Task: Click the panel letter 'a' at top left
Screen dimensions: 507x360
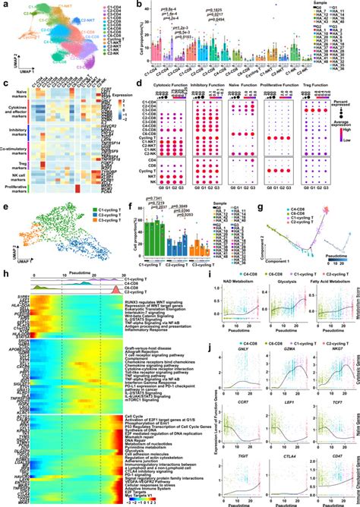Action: pos(4,5)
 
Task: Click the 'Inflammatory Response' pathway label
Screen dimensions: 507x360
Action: pos(144,329)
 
